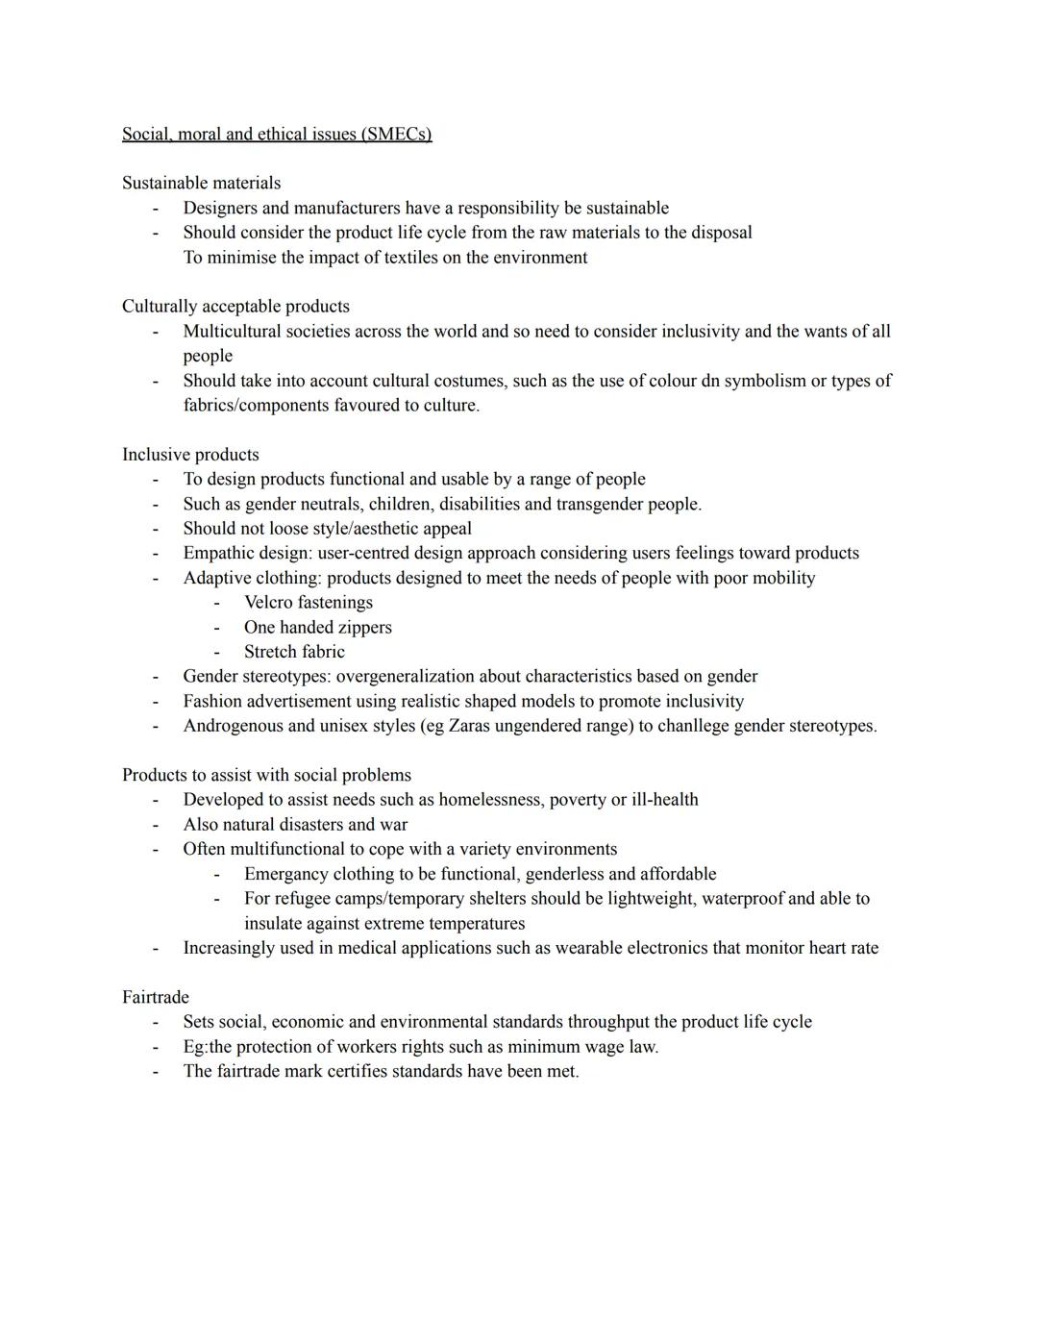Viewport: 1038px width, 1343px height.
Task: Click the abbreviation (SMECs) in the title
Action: click(x=396, y=135)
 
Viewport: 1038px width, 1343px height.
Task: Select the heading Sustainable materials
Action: click(x=201, y=183)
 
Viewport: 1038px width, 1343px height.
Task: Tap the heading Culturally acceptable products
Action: click(x=235, y=307)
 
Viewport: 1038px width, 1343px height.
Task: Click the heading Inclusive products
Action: click(x=190, y=455)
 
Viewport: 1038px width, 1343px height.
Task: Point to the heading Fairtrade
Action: click(x=156, y=997)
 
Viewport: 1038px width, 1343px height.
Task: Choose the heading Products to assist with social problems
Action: click(x=266, y=775)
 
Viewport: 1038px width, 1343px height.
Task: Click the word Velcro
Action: click(x=268, y=603)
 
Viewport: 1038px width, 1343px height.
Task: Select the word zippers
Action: click(x=359, y=628)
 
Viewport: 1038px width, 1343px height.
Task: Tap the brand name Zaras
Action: click(x=472, y=726)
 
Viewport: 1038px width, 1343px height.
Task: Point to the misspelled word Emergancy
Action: click(x=285, y=874)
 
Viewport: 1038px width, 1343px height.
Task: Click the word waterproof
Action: click(x=742, y=899)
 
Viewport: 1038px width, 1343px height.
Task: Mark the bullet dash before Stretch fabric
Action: click(x=217, y=652)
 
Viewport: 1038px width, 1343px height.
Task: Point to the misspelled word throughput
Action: click(x=608, y=1022)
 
